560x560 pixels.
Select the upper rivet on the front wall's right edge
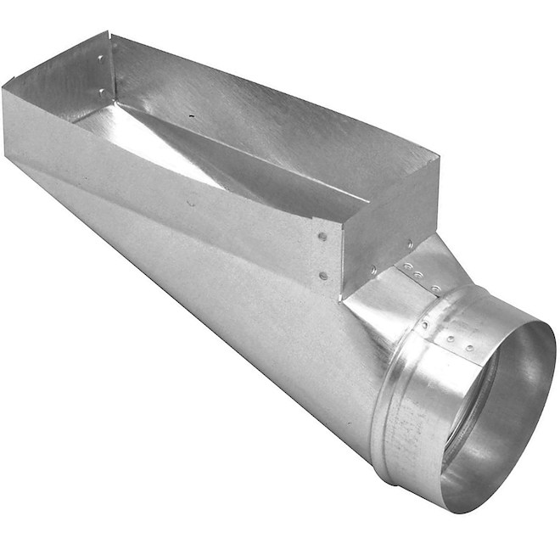coord(323,238)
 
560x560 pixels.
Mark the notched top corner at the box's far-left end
coord(109,34)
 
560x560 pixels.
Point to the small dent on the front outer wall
coord(191,203)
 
